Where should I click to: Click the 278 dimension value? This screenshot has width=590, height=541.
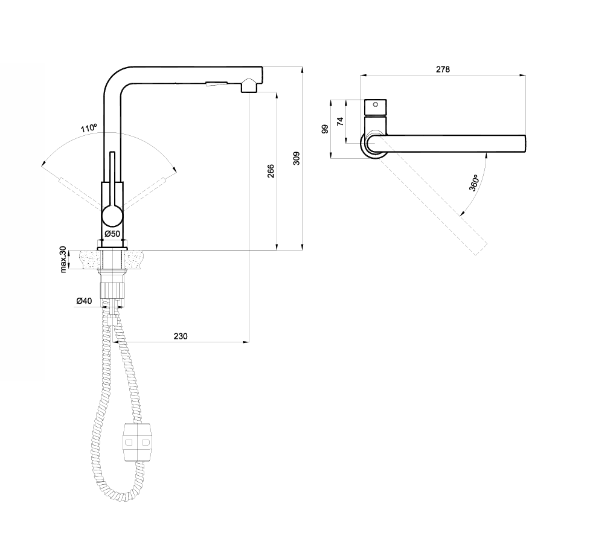click(x=443, y=69)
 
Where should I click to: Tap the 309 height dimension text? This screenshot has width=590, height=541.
click(x=297, y=158)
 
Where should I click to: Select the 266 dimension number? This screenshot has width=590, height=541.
click(x=271, y=171)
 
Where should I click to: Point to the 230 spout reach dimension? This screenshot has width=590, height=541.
click(x=180, y=336)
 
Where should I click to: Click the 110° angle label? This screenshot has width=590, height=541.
click(x=89, y=128)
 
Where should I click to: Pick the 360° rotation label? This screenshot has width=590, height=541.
click(x=473, y=183)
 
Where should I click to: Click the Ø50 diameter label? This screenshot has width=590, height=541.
click(x=112, y=234)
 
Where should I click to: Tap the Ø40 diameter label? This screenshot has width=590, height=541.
click(x=84, y=301)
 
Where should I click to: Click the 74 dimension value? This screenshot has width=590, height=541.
click(x=341, y=121)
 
